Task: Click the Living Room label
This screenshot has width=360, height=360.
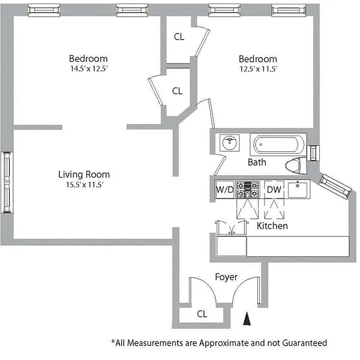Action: (x=83, y=175)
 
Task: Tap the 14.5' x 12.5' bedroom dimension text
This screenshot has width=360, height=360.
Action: (x=88, y=68)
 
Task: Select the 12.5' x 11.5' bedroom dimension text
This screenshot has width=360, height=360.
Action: (x=257, y=69)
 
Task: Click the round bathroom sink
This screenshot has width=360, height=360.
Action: (x=229, y=143)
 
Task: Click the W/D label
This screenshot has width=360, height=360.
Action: (x=224, y=190)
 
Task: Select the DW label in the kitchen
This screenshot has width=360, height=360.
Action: (x=274, y=190)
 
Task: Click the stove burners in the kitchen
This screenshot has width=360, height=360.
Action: (x=246, y=190)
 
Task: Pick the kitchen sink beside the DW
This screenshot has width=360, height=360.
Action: (x=297, y=190)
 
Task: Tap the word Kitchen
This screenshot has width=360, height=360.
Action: (x=272, y=226)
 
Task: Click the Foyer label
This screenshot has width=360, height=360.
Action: (x=226, y=277)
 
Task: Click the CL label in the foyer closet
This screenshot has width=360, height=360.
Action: (x=202, y=313)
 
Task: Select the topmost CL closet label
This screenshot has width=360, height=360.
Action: (x=179, y=36)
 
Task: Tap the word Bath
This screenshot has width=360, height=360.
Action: (x=257, y=162)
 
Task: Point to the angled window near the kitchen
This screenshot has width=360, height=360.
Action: (x=335, y=185)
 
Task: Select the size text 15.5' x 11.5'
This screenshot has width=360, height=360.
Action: (x=83, y=185)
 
